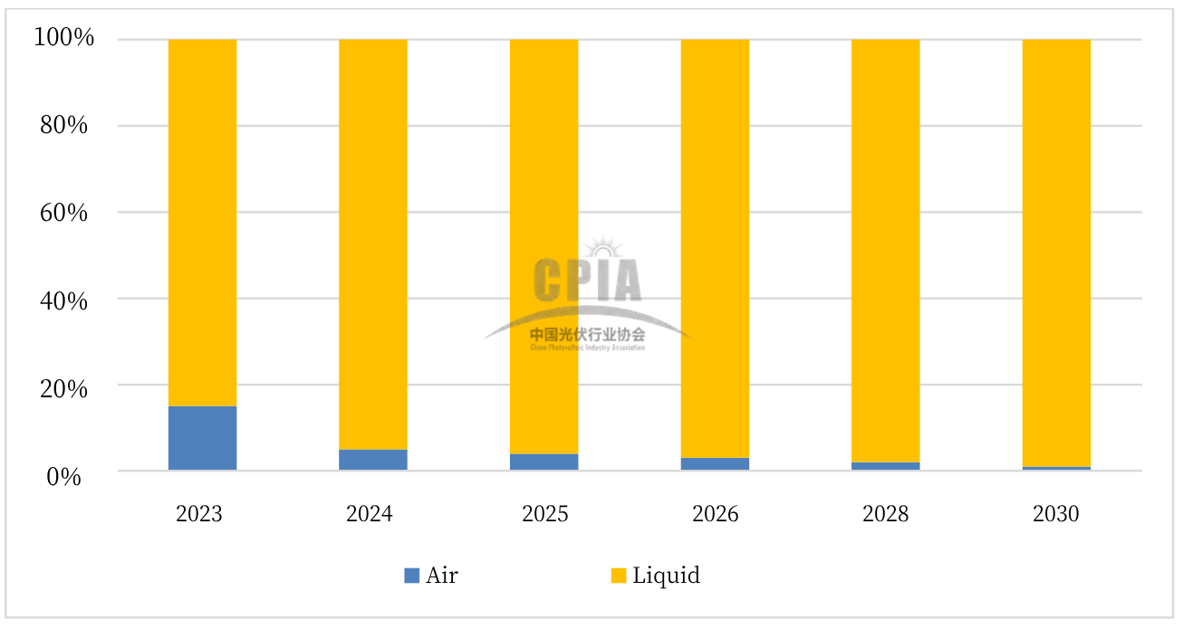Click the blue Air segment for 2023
(x=202, y=438)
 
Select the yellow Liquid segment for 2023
(x=202, y=222)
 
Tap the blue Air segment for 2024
(x=372, y=460)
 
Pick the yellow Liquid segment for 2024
(x=372, y=244)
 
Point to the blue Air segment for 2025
(x=543, y=462)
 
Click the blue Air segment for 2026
(x=715, y=464)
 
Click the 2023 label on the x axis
(x=199, y=514)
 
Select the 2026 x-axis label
(x=715, y=514)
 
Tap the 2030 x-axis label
(x=1056, y=514)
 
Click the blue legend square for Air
(x=412, y=575)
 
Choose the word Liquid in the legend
(x=666, y=575)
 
